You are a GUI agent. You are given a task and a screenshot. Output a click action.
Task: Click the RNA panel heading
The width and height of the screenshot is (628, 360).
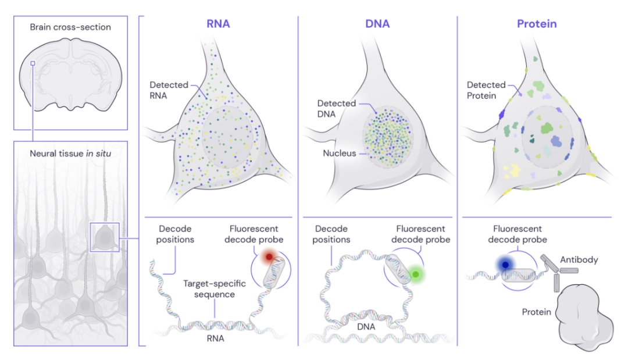[218, 24]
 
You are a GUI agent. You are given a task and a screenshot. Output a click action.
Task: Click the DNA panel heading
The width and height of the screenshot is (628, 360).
[378, 24]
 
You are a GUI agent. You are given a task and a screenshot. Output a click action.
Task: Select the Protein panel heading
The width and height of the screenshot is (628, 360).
[537, 24]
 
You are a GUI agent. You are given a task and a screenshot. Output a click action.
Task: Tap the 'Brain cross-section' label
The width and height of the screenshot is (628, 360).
[70, 27]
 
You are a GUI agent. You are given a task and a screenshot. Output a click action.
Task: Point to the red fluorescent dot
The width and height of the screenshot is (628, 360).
[268, 256]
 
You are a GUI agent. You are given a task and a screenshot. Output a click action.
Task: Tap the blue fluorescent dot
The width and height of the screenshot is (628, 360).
[505, 265]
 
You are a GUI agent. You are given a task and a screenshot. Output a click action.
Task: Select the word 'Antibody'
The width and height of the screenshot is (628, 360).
[579, 260]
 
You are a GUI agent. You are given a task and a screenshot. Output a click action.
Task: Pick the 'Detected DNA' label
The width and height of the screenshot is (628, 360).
[337, 108]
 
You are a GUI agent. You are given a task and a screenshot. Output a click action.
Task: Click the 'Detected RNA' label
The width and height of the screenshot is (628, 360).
[169, 90]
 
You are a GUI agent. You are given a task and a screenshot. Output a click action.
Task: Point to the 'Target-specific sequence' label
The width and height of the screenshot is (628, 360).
[215, 288]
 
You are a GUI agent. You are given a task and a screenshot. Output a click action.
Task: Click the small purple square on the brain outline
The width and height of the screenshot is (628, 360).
[33, 63]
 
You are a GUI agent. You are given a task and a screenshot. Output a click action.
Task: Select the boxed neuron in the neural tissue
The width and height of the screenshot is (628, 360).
[105, 237]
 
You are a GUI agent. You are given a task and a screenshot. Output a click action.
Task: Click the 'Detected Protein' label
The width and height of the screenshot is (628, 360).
[486, 90]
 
